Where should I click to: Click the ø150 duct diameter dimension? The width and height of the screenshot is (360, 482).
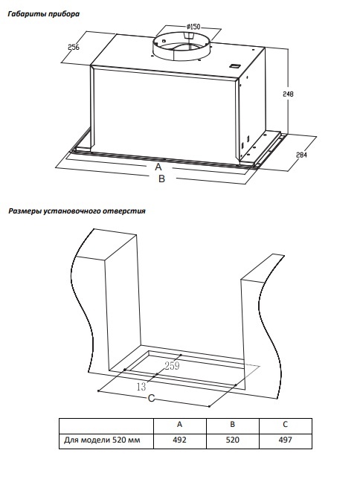pyautogui.click(x=193, y=27)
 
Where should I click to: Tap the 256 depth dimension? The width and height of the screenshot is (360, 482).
pyautogui.click(x=74, y=47)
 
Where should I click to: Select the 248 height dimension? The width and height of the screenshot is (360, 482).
pyautogui.click(x=288, y=94)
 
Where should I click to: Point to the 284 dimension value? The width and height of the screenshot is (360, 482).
pyautogui.click(x=301, y=155)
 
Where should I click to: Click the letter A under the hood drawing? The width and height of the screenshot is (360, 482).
pyautogui.click(x=158, y=167)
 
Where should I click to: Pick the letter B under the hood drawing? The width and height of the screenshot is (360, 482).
pyautogui.click(x=161, y=179)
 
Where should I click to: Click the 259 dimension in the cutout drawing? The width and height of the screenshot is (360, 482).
pyautogui.click(x=172, y=366)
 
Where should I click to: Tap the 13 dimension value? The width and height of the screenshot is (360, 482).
pyautogui.click(x=141, y=387)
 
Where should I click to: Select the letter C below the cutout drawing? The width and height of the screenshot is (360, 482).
pyautogui.click(x=151, y=399)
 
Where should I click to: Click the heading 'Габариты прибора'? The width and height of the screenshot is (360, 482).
pyautogui.click(x=44, y=14)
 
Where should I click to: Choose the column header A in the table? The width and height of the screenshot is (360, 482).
pyautogui.click(x=179, y=424)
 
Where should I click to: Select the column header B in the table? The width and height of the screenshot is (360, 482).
pyautogui.click(x=232, y=424)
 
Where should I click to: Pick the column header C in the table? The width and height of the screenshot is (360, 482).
pyautogui.click(x=285, y=424)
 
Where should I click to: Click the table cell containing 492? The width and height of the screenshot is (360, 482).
pyautogui.click(x=180, y=440)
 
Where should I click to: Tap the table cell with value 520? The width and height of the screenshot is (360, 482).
pyautogui.click(x=233, y=440)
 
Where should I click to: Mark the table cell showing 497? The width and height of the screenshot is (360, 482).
pyautogui.click(x=286, y=440)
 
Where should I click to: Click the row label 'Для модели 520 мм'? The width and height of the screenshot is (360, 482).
pyautogui.click(x=102, y=440)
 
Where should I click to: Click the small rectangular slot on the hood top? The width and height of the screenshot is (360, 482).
pyautogui.click(x=235, y=65)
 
